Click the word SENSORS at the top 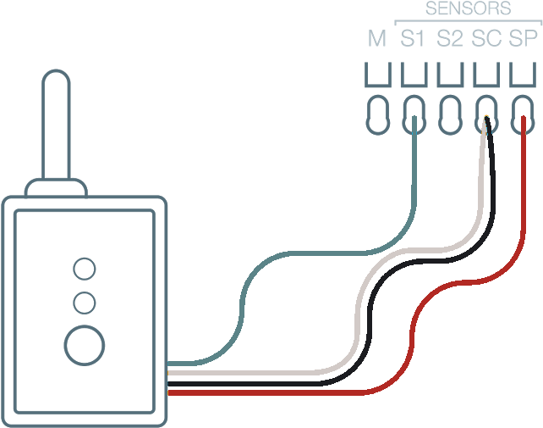pyautogui.click(x=468, y=9)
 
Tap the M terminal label pyautogui.click(x=377, y=39)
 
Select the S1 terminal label pyautogui.click(x=413, y=39)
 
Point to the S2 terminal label pyautogui.click(x=450, y=39)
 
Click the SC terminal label pyautogui.click(x=485, y=39)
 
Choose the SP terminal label pyautogui.click(x=523, y=39)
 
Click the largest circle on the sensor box pyautogui.click(x=85, y=344)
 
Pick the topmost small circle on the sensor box pyautogui.click(x=85, y=270)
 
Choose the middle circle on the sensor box pyautogui.click(x=85, y=303)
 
